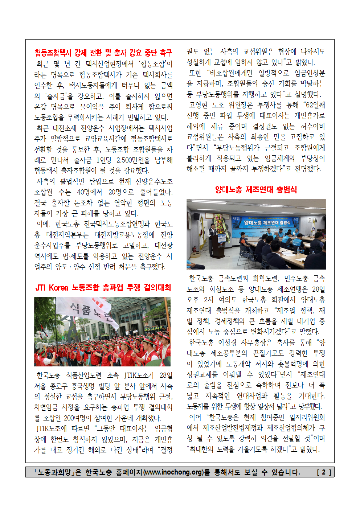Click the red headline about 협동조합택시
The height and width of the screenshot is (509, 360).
coord(103,53)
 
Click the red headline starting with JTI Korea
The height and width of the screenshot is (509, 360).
coord(103,288)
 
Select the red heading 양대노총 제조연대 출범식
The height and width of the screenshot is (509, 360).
coord(256,189)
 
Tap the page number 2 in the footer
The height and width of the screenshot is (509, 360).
coord(324,472)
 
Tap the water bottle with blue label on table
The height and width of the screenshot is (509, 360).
coord(298,250)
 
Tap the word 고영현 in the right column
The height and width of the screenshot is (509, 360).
coord(198,105)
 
